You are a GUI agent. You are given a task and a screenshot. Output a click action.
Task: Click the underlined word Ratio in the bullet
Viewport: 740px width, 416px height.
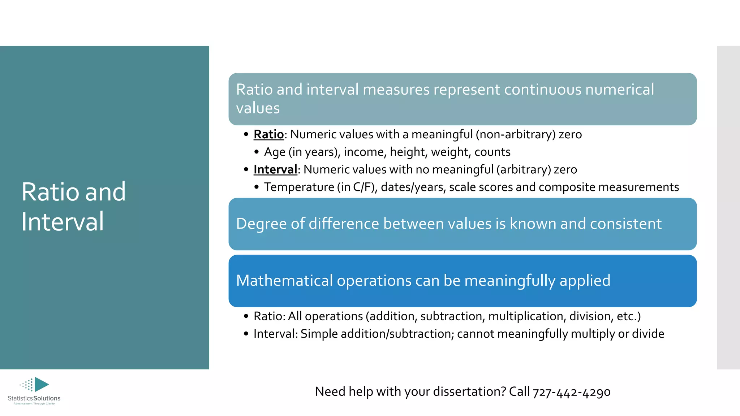click(268, 134)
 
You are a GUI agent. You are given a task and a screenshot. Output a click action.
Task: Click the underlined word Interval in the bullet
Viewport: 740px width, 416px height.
click(275, 169)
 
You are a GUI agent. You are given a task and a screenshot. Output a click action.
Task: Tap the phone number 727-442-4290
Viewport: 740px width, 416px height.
click(572, 392)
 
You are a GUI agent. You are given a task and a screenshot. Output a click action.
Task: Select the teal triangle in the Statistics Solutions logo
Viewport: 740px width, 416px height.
click(41, 384)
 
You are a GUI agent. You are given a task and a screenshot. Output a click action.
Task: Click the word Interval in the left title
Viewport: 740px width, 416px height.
click(63, 221)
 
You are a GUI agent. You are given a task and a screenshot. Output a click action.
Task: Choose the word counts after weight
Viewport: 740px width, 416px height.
click(492, 152)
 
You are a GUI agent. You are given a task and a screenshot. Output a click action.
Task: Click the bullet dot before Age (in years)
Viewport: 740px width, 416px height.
click(257, 152)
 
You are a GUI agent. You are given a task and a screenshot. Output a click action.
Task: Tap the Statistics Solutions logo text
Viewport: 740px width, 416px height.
click(34, 398)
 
